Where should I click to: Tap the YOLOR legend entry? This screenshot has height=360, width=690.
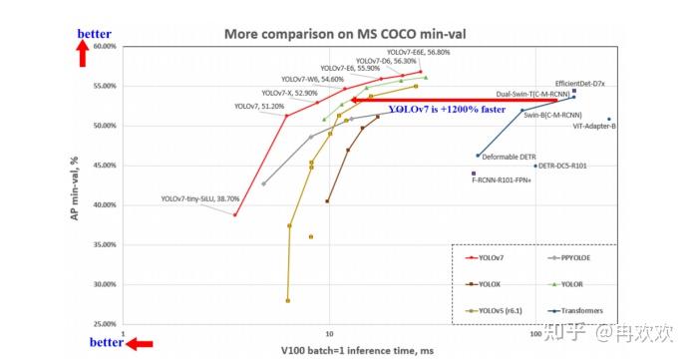coord(572,283)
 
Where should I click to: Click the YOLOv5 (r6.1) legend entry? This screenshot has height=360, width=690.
coord(499,310)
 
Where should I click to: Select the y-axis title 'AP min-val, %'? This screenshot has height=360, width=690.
coord(74,185)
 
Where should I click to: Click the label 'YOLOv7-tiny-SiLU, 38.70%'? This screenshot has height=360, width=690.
coord(196,199)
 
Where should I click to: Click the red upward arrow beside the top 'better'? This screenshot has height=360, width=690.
coord(86,54)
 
